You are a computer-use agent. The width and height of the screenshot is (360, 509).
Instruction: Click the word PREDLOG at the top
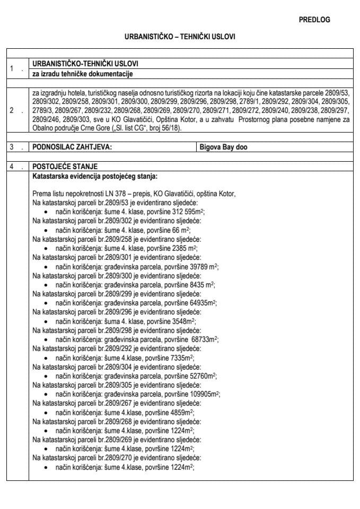[x=314, y=20]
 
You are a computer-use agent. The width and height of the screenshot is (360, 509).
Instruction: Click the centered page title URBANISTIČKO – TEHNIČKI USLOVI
[x=180, y=38]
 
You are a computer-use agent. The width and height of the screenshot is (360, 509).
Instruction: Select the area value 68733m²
[x=203, y=339]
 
